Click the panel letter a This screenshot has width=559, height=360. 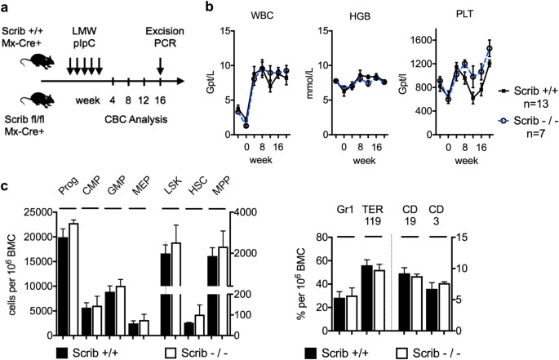click(6, 8)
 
